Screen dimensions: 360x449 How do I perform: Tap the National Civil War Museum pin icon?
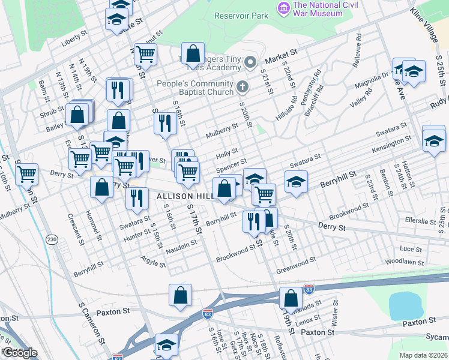point(282,8)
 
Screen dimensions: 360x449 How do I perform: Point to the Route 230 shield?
point(52,239)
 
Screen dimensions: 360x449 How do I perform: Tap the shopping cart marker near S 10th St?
point(26,175)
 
